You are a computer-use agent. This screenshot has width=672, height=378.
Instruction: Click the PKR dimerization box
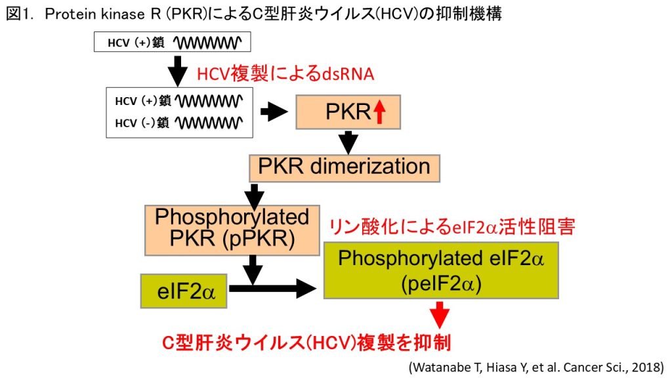[x=344, y=168]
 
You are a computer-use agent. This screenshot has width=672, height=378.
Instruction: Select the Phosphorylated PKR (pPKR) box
[x=232, y=230]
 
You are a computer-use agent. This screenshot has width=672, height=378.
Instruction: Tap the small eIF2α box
[x=184, y=291]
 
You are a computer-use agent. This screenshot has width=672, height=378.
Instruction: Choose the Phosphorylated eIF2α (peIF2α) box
[x=441, y=270]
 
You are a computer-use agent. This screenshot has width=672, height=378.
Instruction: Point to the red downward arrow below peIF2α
[x=440, y=315]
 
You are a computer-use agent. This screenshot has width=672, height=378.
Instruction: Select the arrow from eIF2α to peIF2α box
[x=272, y=289]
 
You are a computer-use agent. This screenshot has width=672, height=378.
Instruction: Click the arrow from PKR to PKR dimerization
[x=348, y=142]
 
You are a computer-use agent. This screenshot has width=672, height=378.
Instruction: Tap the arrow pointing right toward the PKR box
[x=274, y=112]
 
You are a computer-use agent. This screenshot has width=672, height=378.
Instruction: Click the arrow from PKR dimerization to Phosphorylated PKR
[x=254, y=196]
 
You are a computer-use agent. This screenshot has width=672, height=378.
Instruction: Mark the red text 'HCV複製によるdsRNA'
[x=285, y=73]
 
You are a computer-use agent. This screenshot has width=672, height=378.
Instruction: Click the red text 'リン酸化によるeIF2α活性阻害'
[x=451, y=226]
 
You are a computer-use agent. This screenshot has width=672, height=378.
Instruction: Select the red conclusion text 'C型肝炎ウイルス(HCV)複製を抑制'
[x=306, y=343]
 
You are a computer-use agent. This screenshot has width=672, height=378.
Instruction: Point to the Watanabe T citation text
[x=536, y=367]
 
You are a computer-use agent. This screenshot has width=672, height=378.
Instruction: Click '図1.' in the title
[x=19, y=14]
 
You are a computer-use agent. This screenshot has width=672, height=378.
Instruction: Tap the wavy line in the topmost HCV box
[x=207, y=43]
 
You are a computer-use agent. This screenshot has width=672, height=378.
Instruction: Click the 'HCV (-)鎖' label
[x=142, y=123]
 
